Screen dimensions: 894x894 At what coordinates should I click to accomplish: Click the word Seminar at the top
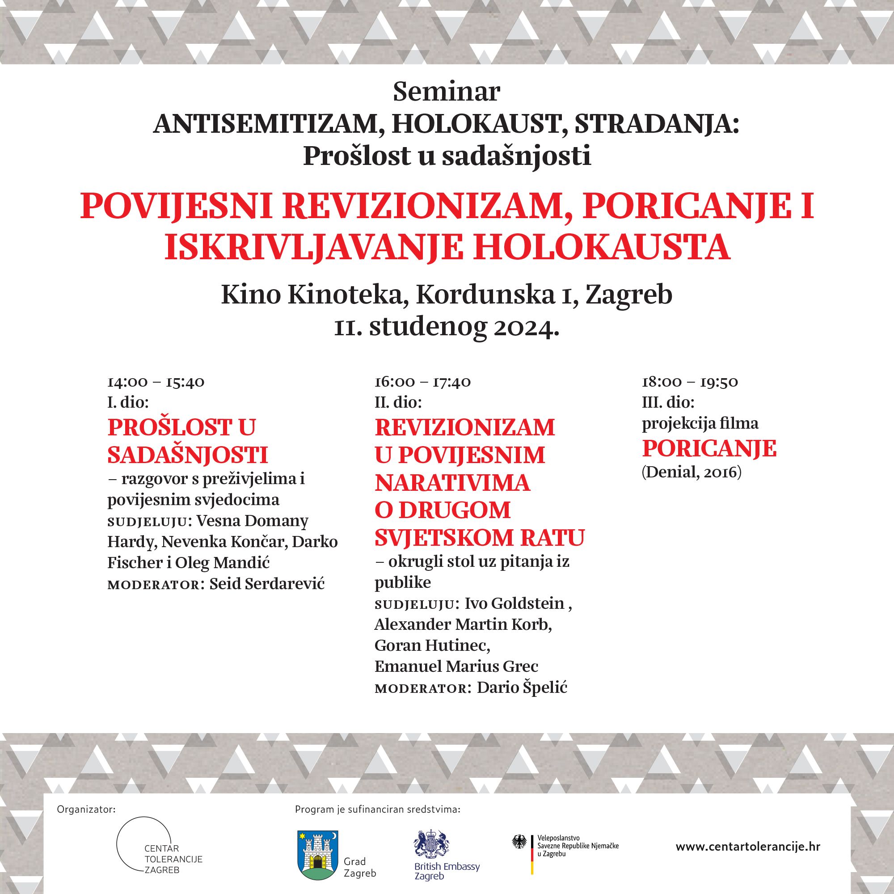click(x=447, y=92)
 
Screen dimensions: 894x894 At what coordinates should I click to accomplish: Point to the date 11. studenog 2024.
click(x=447, y=327)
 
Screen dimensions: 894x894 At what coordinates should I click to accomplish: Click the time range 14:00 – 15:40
click(x=156, y=382)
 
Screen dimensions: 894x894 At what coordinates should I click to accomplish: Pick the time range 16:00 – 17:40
click(x=422, y=382)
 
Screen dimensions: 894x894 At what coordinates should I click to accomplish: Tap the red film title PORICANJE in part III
click(x=709, y=448)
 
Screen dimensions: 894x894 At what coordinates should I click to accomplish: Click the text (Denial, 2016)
click(x=692, y=472)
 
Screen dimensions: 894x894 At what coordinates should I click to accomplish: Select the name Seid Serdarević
click(x=267, y=584)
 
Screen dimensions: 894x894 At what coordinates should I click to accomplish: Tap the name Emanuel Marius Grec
click(x=456, y=666)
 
